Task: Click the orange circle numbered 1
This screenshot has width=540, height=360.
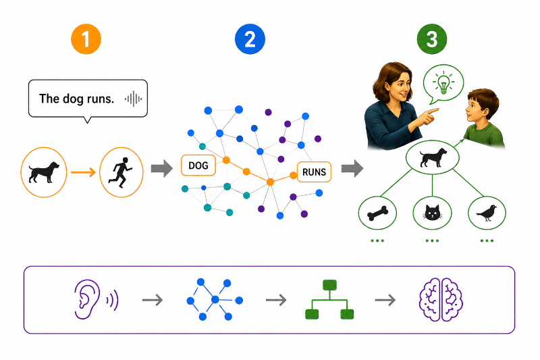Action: click(x=86, y=39)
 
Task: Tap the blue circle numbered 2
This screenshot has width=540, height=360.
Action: click(x=250, y=39)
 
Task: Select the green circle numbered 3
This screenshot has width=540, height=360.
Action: click(x=431, y=39)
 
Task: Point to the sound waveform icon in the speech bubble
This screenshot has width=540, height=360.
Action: click(x=133, y=99)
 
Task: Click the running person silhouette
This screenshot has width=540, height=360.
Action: click(x=121, y=172)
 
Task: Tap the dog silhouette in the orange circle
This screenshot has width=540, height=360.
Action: click(x=44, y=172)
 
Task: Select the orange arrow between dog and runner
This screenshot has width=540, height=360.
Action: click(x=83, y=172)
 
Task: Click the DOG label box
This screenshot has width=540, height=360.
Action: click(x=198, y=165)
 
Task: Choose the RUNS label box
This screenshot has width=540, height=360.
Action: click(x=314, y=172)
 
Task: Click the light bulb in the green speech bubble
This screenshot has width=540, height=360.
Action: click(x=443, y=83)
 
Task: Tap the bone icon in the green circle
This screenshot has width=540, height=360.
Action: click(x=377, y=213)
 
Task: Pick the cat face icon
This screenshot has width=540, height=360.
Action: click(x=432, y=213)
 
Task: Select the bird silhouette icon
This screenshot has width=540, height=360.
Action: click(x=487, y=213)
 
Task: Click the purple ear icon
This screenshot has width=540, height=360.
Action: click(x=87, y=299)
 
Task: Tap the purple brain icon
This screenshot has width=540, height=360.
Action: click(x=441, y=300)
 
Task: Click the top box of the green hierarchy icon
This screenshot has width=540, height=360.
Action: click(x=329, y=285)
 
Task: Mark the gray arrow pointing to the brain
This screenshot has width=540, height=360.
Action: click(x=385, y=300)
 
